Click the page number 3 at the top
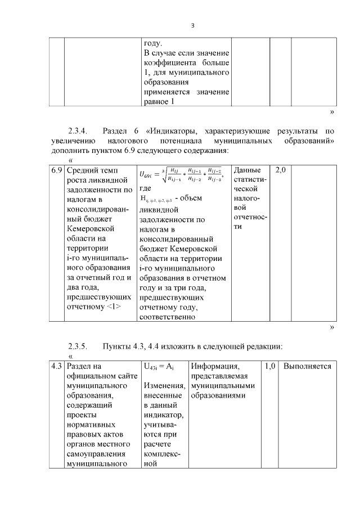pyautogui.click(x=192, y=25)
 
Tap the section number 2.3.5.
pyautogui.click(x=78, y=345)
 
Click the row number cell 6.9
pyautogui.click(x=56, y=170)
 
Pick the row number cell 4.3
pyautogui.click(x=56, y=367)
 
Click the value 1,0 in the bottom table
pyautogui.click(x=270, y=367)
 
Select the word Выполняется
pyautogui.click(x=307, y=367)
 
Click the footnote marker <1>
pyautogui.click(x=113, y=307)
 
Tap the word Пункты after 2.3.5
pyautogui.click(x=119, y=345)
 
